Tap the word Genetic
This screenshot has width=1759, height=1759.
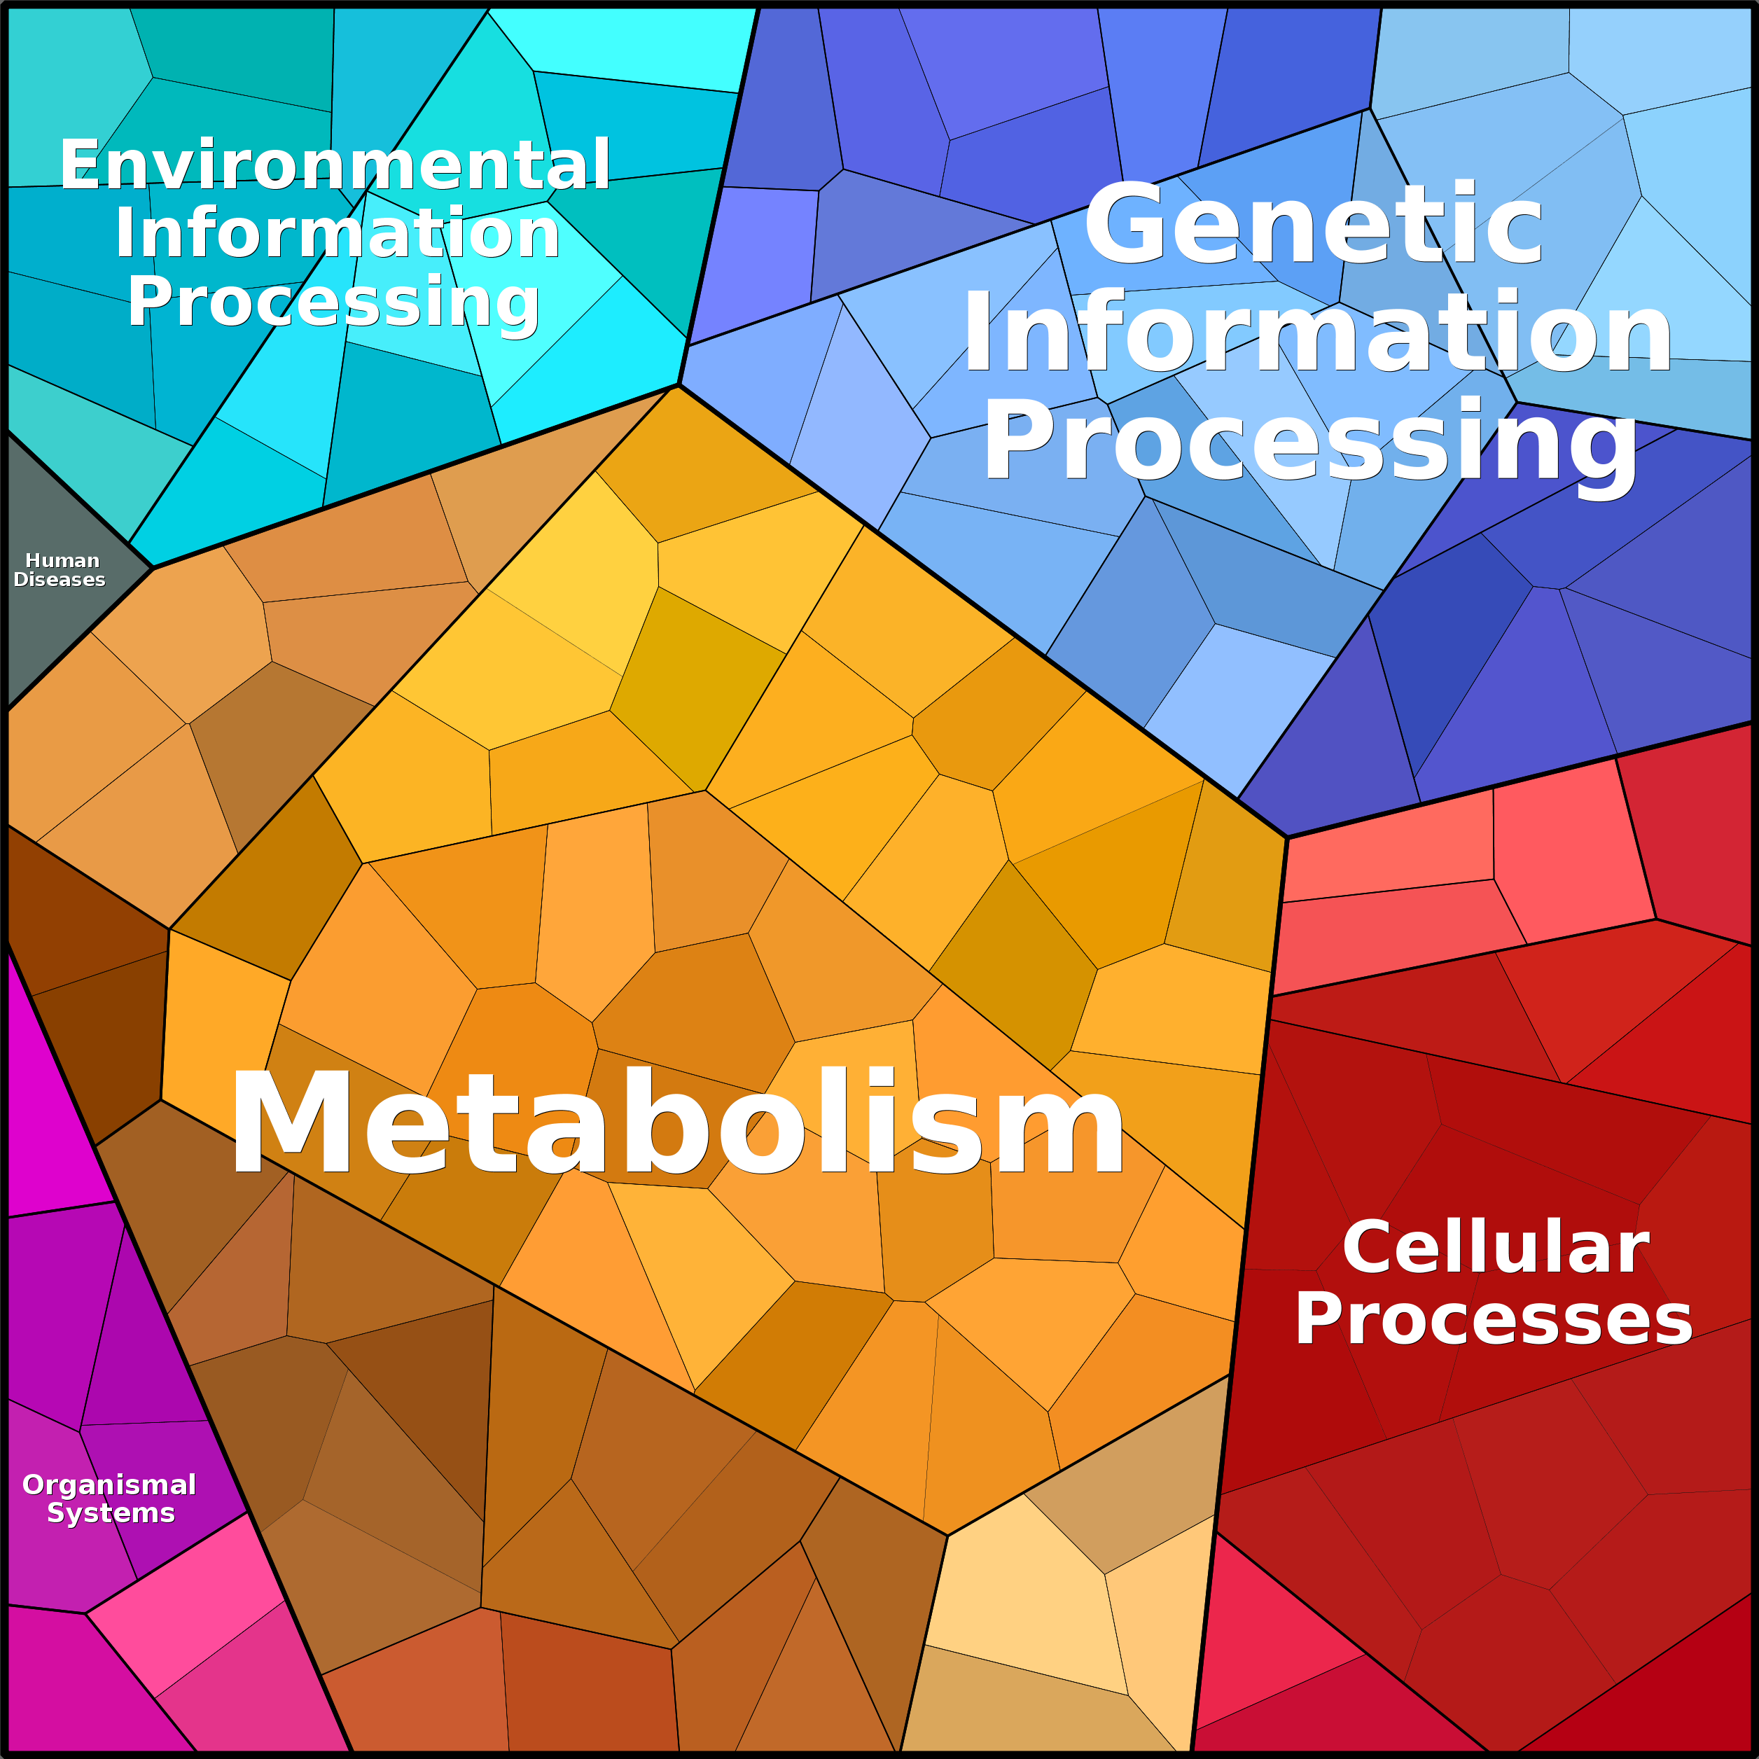(1313, 224)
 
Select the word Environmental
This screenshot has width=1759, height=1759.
(335, 166)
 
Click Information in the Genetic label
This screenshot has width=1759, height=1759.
(1316, 333)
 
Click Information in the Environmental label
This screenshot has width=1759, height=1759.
(337, 234)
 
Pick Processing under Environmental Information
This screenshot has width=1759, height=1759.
(333, 303)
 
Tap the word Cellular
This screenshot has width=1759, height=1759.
(1495, 1249)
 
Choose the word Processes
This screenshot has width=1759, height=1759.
(1493, 1319)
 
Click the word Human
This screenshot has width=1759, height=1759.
(62, 561)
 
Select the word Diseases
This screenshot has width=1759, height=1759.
(60, 580)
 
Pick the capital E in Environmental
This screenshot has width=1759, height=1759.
(78, 166)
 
